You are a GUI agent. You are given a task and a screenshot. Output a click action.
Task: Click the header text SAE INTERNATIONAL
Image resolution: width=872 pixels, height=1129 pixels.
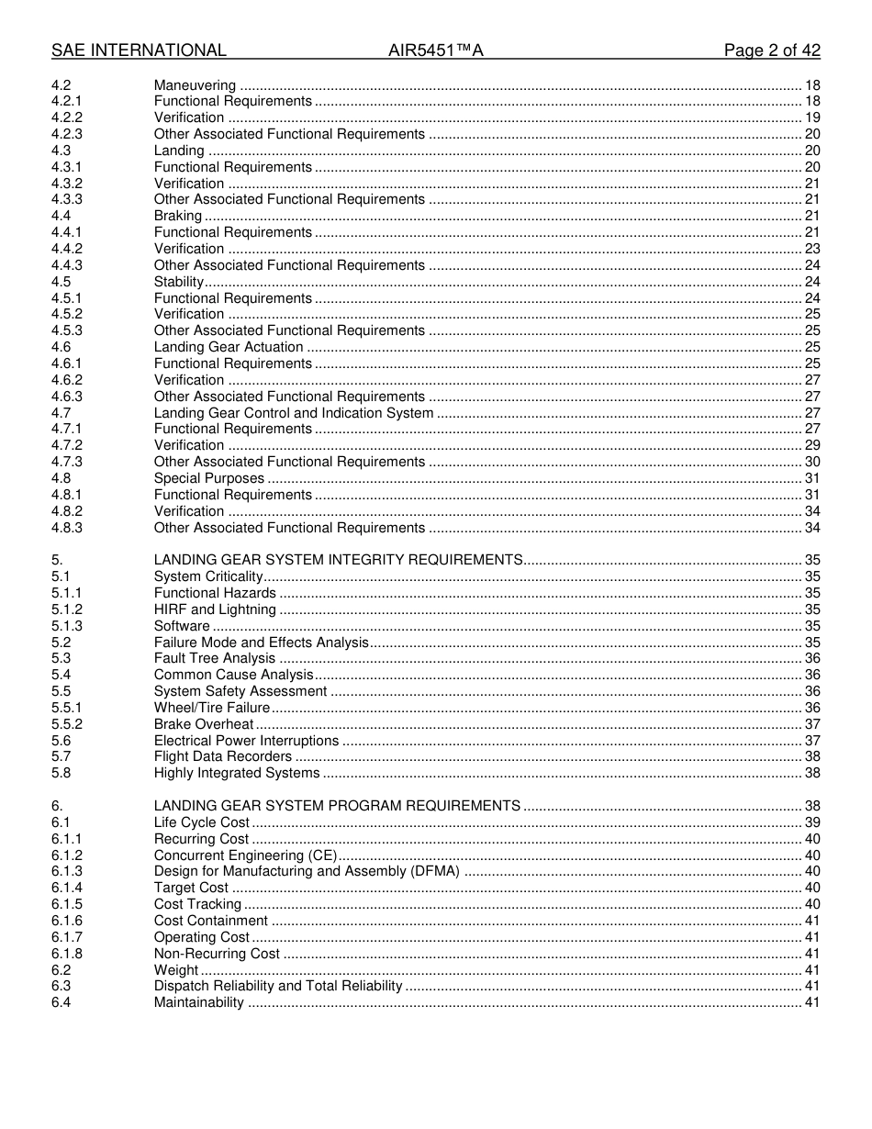click(139, 50)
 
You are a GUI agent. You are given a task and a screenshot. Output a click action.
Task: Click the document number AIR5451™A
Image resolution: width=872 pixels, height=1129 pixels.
click(435, 50)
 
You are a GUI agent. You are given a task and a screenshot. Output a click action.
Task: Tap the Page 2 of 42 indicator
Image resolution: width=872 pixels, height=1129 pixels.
click(772, 50)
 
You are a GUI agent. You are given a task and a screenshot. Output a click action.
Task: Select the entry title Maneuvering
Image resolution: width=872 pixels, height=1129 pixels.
click(195, 85)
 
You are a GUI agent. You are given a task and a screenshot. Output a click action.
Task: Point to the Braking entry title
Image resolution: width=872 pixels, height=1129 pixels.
click(178, 216)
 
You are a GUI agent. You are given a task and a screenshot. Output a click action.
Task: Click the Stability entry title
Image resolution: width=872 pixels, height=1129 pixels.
click(179, 282)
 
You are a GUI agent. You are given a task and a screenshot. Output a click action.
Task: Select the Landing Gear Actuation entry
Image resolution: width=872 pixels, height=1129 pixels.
click(229, 347)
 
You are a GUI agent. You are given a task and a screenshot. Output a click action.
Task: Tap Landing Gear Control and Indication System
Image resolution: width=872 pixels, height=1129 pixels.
click(294, 413)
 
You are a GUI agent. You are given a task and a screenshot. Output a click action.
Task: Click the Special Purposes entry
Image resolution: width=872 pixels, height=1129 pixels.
click(209, 478)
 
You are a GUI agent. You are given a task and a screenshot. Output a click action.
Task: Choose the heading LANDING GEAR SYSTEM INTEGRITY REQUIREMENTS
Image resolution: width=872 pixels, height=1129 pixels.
click(339, 560)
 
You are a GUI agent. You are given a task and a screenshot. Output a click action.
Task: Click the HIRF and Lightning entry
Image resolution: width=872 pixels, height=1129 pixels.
click(215, 609)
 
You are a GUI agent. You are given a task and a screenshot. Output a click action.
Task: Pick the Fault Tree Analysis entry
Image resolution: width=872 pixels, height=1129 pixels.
click(215, 658)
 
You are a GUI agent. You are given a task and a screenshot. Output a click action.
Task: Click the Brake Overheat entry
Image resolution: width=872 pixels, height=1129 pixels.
click(204, 724)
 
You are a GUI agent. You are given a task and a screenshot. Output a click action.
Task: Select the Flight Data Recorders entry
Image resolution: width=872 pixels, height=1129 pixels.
click(223, 756)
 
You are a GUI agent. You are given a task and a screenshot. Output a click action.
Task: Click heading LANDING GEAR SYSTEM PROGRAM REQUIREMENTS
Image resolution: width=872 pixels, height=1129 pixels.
click(337, 806)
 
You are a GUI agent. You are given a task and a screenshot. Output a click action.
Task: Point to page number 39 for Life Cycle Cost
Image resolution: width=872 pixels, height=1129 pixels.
click(811, 822)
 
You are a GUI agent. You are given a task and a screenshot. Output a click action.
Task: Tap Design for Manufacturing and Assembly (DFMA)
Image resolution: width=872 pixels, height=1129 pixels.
click(307, 871)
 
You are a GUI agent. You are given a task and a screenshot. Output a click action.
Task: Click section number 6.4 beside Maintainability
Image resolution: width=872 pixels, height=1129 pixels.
click(61, 1002)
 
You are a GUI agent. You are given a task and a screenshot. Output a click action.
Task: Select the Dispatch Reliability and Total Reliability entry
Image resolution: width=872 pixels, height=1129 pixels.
click(278, 986)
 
